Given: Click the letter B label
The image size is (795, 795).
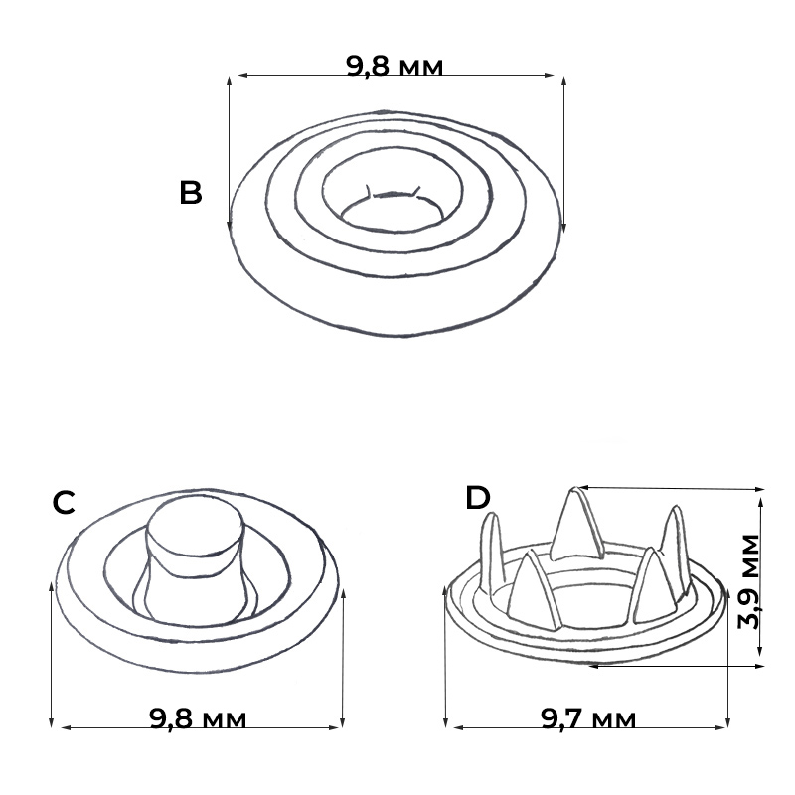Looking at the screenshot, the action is pos(191,193).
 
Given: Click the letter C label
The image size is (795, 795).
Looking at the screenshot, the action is pos(64,503).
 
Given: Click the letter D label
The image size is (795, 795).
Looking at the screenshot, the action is pos(478,498).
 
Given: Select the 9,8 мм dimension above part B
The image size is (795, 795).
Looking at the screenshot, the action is pos(395,66).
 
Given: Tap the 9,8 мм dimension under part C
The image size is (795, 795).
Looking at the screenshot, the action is pos(198,718).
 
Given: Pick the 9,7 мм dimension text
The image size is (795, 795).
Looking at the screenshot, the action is pos(588,718).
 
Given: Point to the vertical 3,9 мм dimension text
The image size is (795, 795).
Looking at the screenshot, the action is pos(749,581).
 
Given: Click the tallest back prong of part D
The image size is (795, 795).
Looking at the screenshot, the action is pos(577,525).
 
